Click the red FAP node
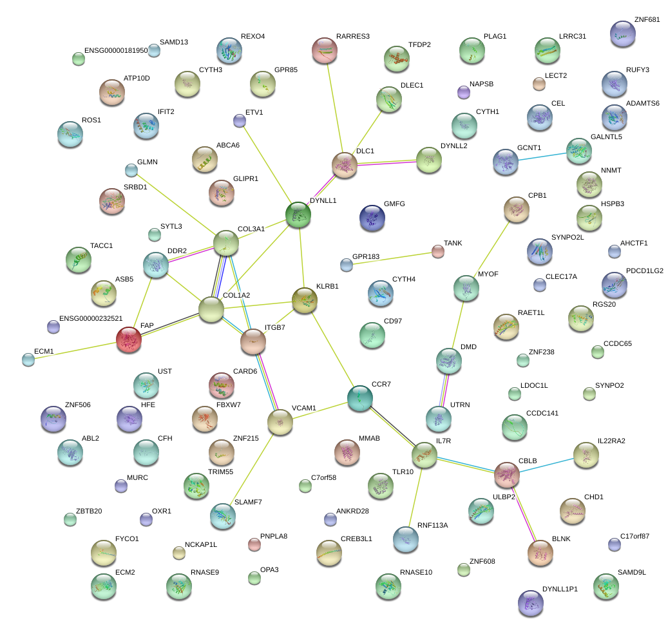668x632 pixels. pyautogui.click(x=129, y=340)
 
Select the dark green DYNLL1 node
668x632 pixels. pyautogui.click(x=298, y=215)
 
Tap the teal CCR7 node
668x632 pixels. pyautogui.click(x=360, y=398)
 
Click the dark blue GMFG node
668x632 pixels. pyautogui.click(x=372, y=218)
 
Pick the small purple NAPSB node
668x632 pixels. pyautogui.click(x=464, y=92)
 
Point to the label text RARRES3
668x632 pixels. pyautogui.click(x=353, y=37)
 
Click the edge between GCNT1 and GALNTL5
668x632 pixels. pyautogui.click(x=542, y=157)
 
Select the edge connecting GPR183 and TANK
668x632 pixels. pyautogui.click(x=392, y=258)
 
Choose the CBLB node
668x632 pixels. pyautogui.click(x=507, y=474)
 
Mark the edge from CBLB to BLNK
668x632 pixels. pyautogui.click(x=524, y=514)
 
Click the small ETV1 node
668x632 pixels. pyautogui.click(x=240, y=121)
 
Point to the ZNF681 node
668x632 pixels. pyautogui.click(x=623, y=34)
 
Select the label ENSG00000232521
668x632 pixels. pyautogui.click(x=91, y=318)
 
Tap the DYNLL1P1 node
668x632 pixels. pyautogui.click(x=531, y=603)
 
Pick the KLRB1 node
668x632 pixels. pyautogui.click(x=305, y=300)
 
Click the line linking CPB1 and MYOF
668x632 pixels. pyautogui.click(x=491, y=249)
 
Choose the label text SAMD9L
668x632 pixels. pyautogui.click(x=632, y=572)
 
